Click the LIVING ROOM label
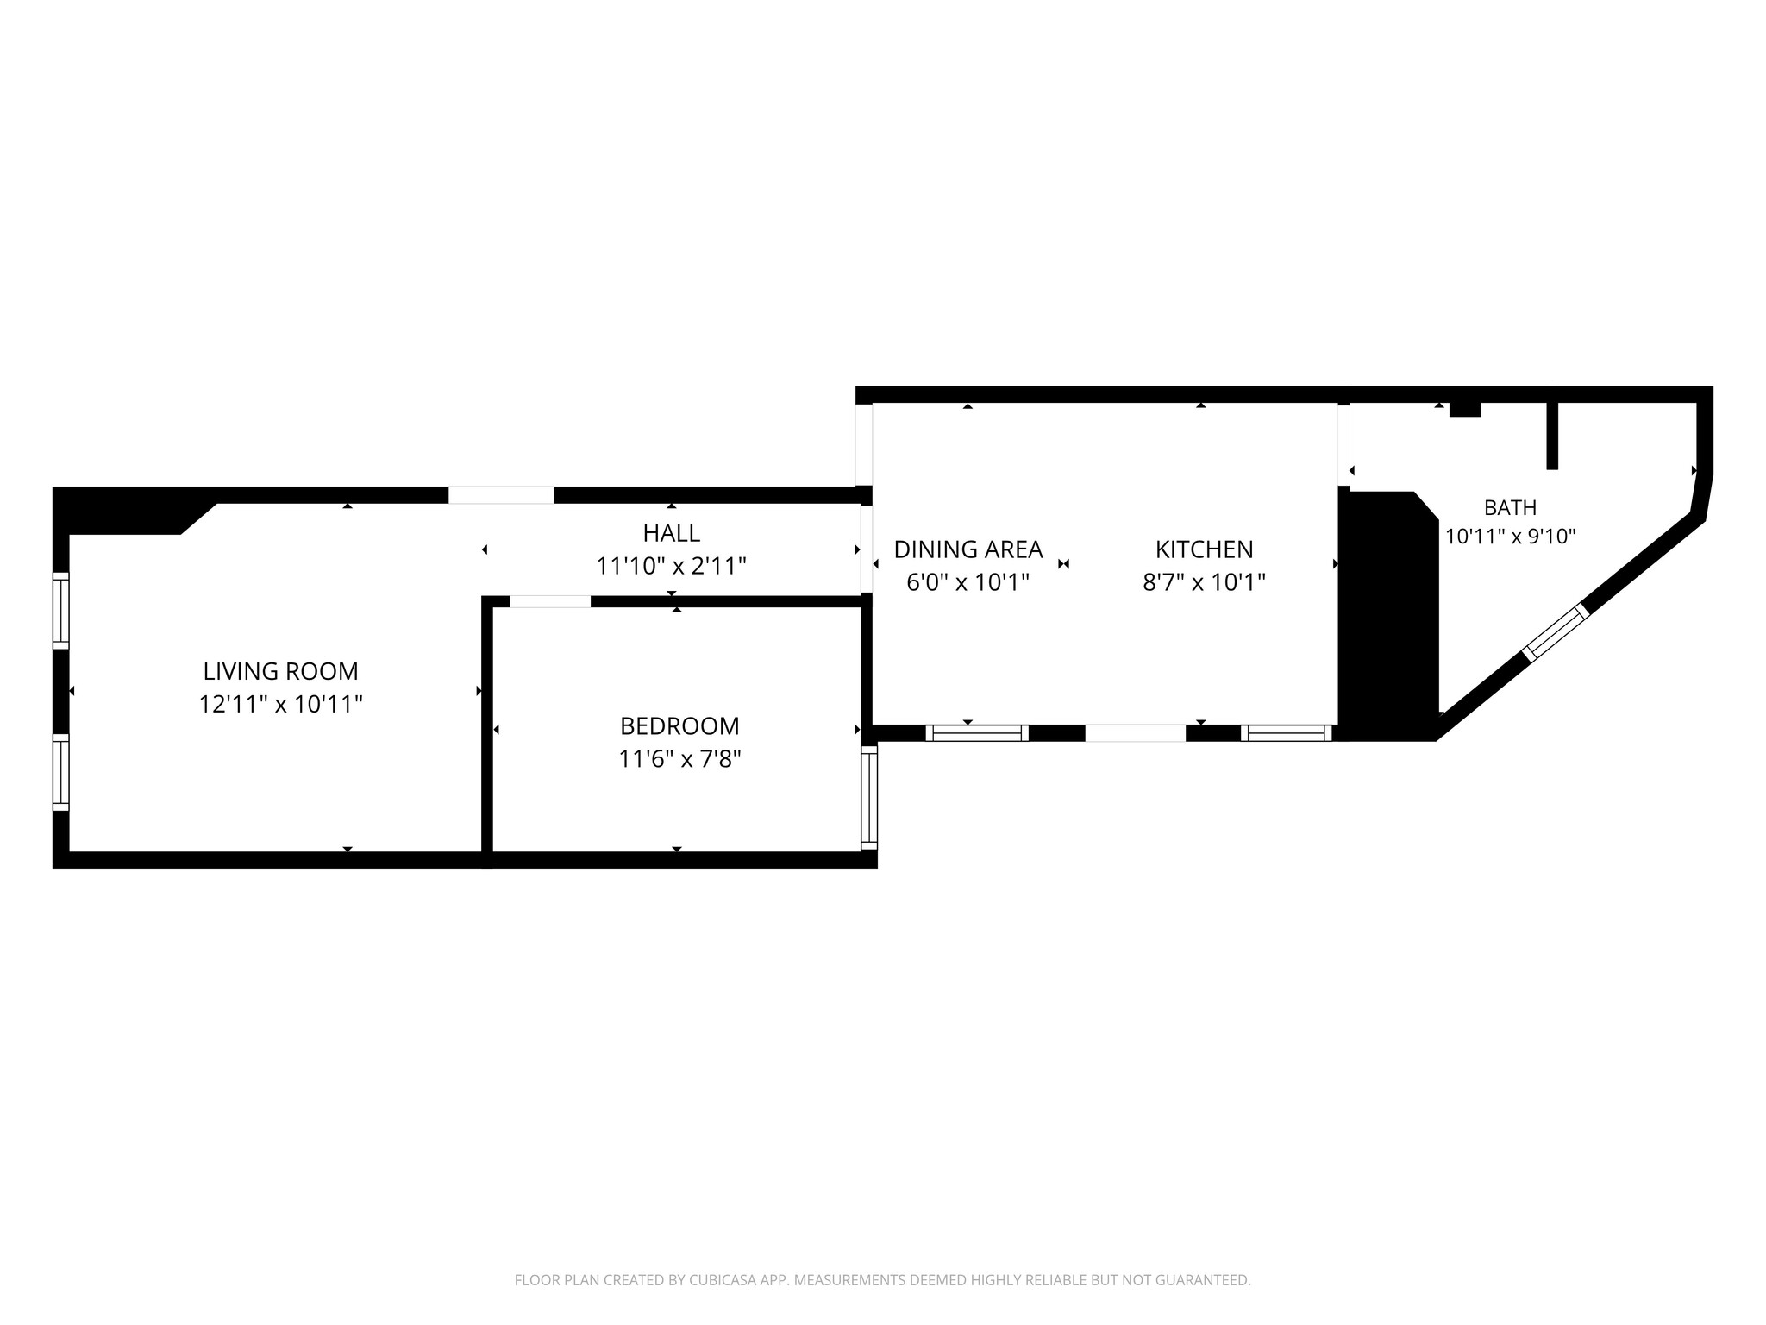280,670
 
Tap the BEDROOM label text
679,725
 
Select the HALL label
671,532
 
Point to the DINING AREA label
968,549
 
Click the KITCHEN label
1204,549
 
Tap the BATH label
1510,507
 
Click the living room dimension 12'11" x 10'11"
280,704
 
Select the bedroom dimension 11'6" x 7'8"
679,759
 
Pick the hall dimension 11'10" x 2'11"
671,566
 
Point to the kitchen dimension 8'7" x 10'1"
1204,582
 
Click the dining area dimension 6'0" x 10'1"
968,582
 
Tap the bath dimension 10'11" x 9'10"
1510,537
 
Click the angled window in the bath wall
1556,632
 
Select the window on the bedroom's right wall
869,797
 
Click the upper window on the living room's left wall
60,610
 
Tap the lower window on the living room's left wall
60,772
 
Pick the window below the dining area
977,733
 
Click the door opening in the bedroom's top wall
550,601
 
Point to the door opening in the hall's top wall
501,495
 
